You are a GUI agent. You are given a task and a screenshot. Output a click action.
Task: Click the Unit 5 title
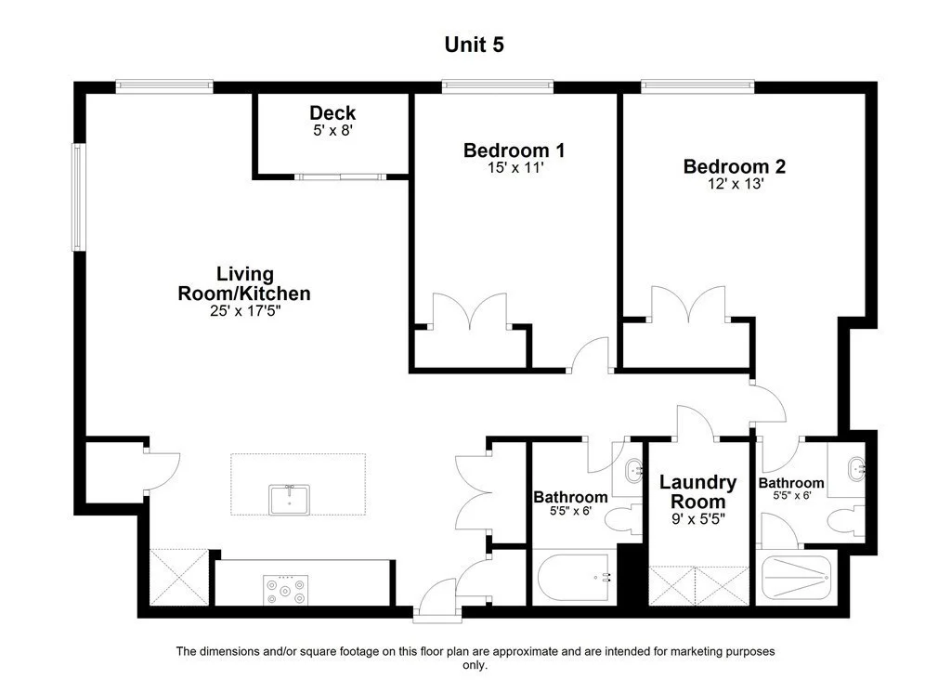tap(475, 44)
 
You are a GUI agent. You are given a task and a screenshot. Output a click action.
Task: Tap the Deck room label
tap(332, 113)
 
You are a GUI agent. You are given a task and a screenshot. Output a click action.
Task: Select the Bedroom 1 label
tap(514, 150)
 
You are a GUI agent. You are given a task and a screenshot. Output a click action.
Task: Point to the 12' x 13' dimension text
tap(734, 184)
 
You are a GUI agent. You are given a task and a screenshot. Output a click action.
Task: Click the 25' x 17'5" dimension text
tap(244, 311)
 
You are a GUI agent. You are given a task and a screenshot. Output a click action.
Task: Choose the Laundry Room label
tap(697, 491)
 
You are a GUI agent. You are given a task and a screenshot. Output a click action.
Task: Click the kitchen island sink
tap(289, 499)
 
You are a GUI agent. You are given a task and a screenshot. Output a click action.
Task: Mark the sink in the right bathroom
tap(855, 468)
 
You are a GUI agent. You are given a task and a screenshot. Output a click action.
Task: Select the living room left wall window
tap(79, 197)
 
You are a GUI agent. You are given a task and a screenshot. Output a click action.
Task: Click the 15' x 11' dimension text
tap(514, 168)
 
